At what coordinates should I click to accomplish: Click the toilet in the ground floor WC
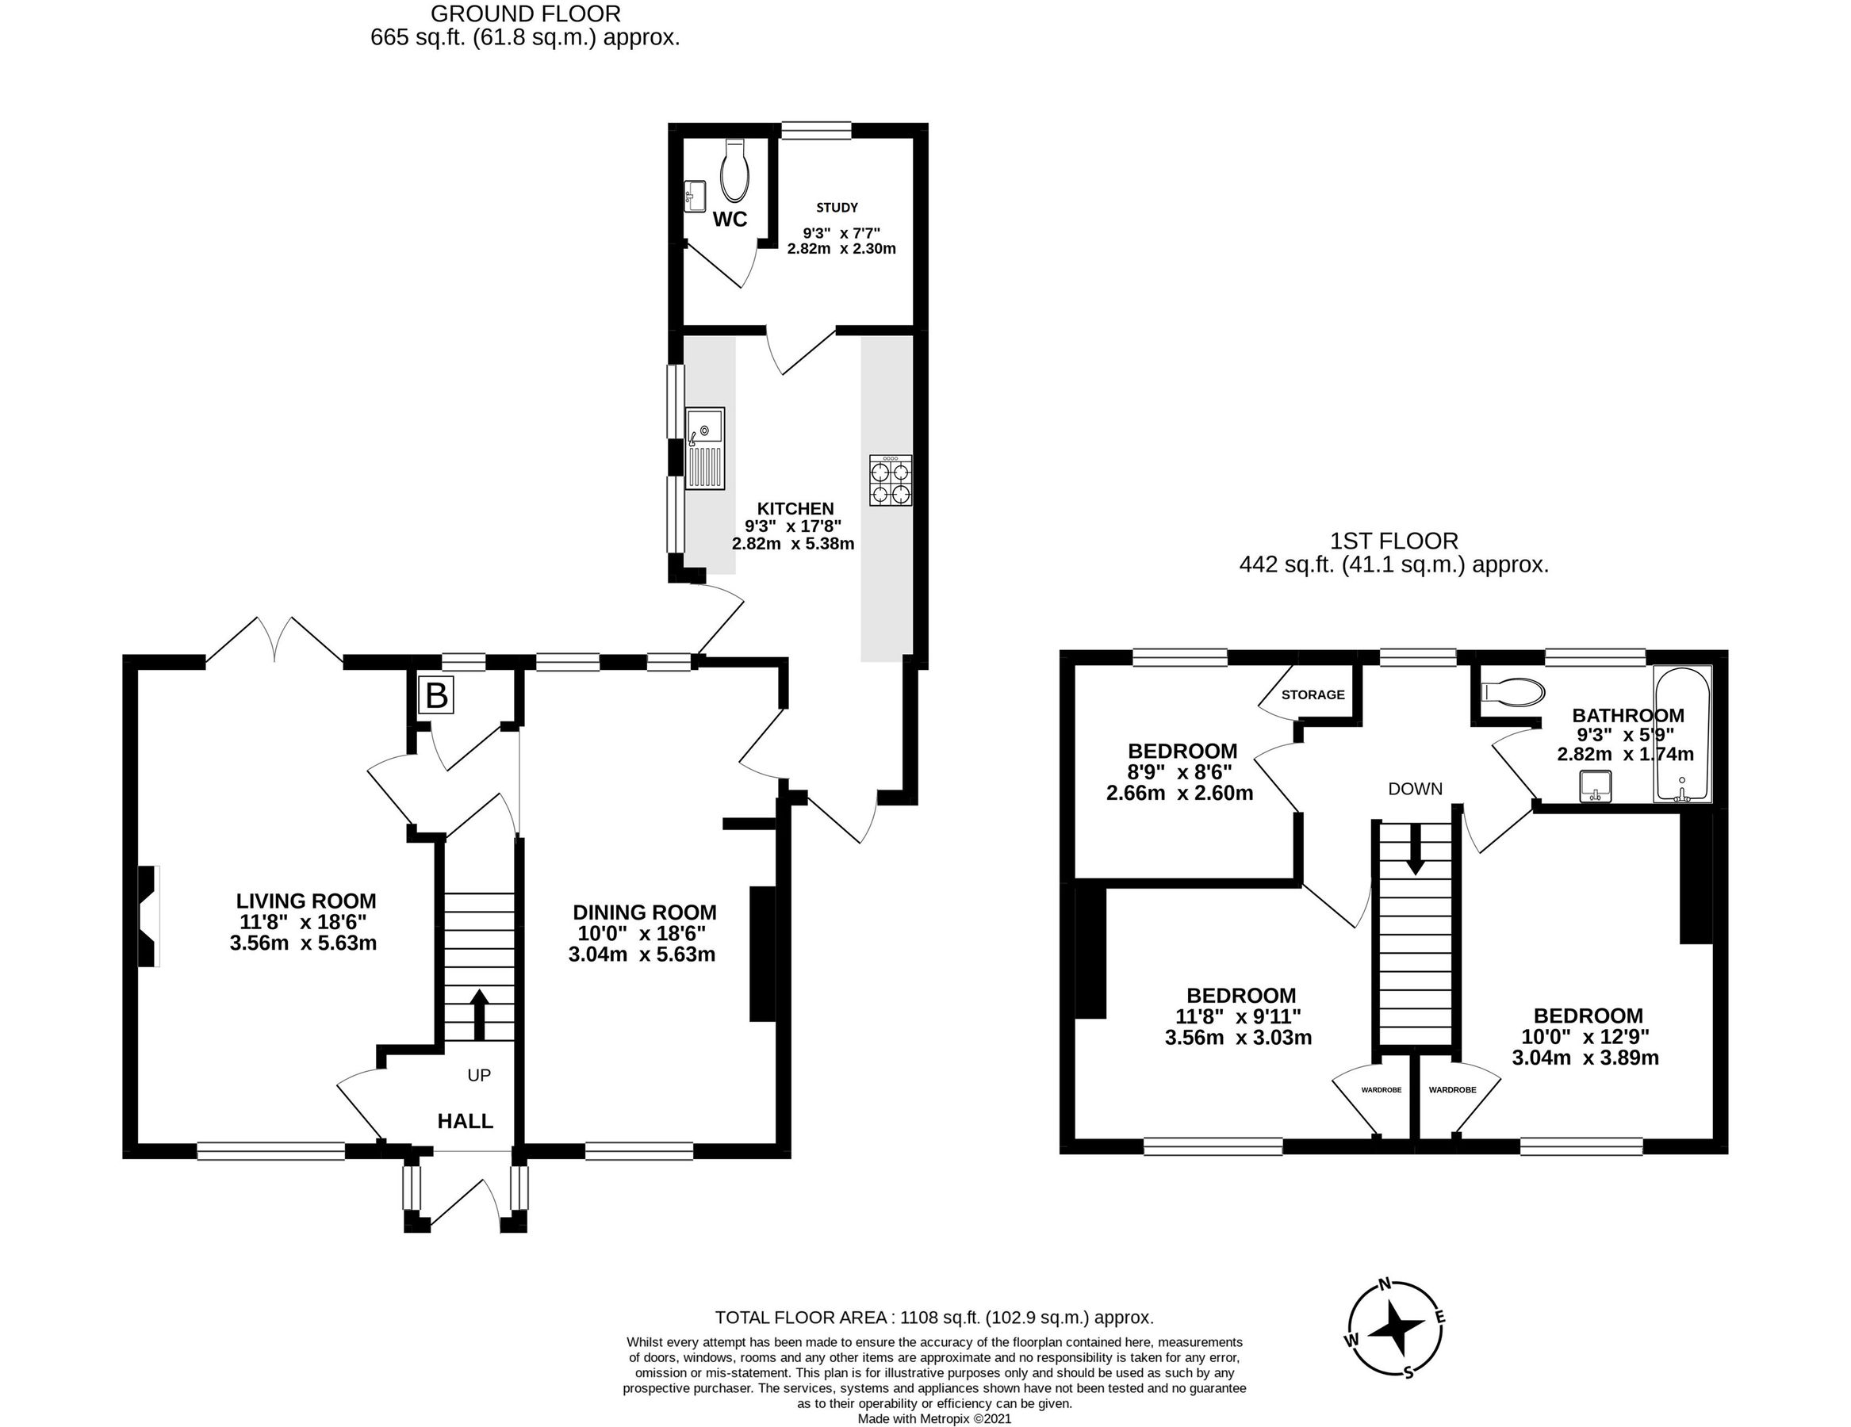point(734,169)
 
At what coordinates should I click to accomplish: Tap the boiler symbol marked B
point(435,696)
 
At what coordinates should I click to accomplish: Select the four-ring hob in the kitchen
point(890,480)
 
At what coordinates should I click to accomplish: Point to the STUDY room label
point(837,207)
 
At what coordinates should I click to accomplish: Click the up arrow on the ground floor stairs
point(479,1013)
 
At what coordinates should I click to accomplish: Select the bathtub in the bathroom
point(1682,734)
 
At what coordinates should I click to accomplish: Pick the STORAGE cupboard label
point(1312,694)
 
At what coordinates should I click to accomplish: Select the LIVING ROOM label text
point(305,901)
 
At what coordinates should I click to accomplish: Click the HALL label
point(465,1121)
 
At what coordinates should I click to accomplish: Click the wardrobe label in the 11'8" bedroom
point(1381,1090)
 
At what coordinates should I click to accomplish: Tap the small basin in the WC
point(694,196)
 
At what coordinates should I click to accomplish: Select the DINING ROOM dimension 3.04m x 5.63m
point(642,955)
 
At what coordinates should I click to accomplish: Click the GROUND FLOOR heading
point(526,13)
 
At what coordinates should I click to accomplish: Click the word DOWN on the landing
point(1415,789)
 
